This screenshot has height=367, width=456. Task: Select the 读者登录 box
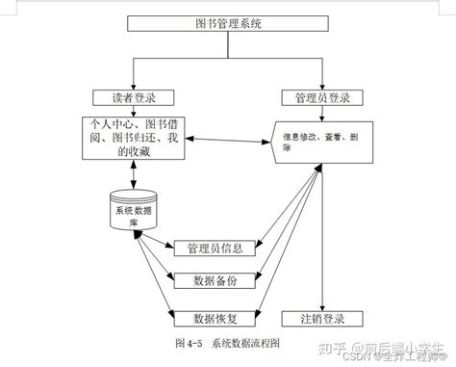[132, 98]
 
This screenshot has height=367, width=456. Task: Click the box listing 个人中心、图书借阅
[132, 137]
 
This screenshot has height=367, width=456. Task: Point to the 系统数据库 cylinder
[132, 211]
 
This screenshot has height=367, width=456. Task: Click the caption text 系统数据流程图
[246, 342]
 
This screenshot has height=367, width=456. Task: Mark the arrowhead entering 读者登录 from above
[132, 87]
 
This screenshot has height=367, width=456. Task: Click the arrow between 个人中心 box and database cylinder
[132, 175]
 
